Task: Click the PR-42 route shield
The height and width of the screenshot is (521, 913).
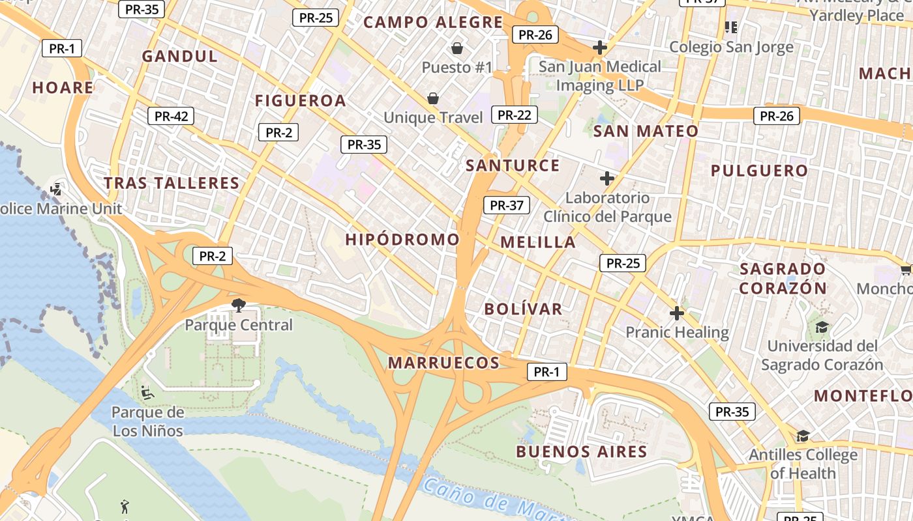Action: click(171, 117)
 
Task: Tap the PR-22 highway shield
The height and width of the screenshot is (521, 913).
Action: click(514, 115)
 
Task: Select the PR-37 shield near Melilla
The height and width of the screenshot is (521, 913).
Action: click(507, 205)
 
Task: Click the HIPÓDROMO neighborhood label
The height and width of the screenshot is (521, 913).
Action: click(402, 240)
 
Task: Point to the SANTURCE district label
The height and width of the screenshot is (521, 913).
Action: click(513, 165)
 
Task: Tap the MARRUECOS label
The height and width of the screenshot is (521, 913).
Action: click(443, 363)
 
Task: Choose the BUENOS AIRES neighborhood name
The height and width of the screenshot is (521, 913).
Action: click(581, 451)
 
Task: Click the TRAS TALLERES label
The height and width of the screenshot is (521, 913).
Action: click(172, 183)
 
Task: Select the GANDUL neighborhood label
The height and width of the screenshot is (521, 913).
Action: click(180, 56)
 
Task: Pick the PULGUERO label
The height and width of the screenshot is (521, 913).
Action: click(759, 171)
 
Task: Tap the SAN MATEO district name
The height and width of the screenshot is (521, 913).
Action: click(645, 131)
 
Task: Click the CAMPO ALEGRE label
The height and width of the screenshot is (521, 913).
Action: click(433, 22)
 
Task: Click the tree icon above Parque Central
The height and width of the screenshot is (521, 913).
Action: click(239, 305)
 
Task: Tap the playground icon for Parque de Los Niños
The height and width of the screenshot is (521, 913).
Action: click(147, 393)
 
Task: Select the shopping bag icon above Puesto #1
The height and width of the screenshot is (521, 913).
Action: click(457, 48)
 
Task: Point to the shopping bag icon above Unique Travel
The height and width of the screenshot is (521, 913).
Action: click(432, 98)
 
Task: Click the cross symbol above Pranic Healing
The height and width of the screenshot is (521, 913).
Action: click(677, 313)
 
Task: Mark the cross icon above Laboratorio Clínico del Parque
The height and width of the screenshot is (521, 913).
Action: click(607, 178)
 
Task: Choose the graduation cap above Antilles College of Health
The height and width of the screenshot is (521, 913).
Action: click(803, 436)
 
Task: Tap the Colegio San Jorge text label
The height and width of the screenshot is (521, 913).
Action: click(731, 47)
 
